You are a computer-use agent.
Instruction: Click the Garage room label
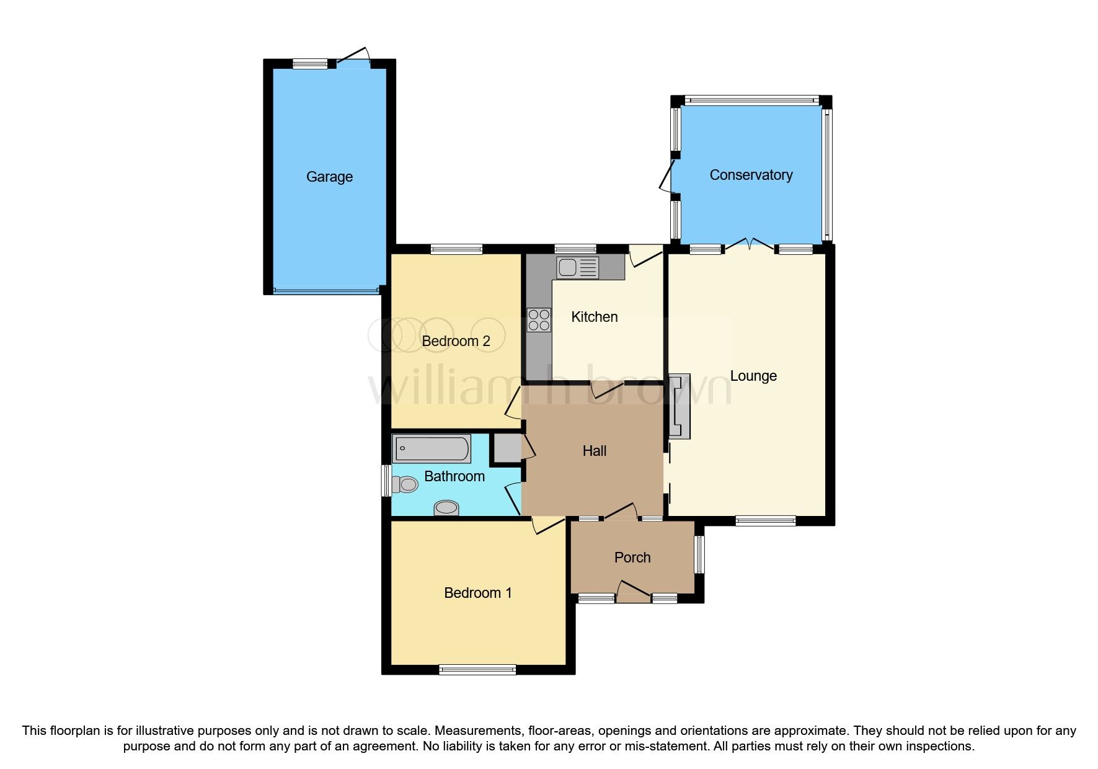[329, 177]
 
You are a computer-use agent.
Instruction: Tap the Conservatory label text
[751, 175]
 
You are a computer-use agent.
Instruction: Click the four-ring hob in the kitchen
[539, 320]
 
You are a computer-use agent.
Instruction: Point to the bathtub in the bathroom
[432, 448]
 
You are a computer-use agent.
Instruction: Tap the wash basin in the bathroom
[446, 508]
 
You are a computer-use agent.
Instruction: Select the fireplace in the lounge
[679, 406]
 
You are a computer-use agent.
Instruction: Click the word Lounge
[753, 376]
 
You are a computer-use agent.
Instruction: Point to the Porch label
[632, 558]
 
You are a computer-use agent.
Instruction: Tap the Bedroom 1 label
[477, 593]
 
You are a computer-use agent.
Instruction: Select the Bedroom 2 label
[456, 341]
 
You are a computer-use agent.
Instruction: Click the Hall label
[594, 451]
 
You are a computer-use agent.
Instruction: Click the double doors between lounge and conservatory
[750, 246]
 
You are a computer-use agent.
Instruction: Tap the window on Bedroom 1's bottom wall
[477, 669]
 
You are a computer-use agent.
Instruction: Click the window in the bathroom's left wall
[386, 481]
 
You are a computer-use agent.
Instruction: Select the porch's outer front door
[632, 592]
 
